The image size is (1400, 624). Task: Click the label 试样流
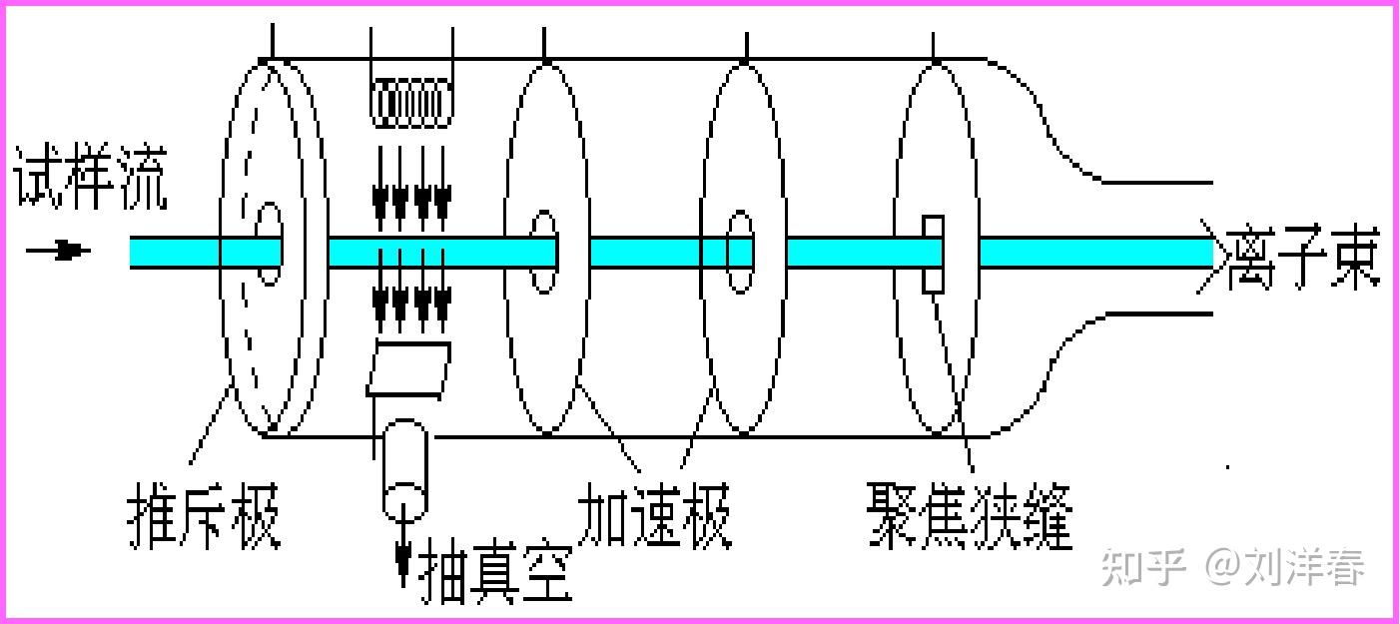(90, 180)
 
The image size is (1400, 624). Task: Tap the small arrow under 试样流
(61, 250)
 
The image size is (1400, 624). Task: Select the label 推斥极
(205, 515)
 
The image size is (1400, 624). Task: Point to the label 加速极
(655, 515)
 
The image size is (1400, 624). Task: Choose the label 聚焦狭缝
(970, 515)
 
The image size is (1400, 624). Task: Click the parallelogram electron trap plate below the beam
(407, 368)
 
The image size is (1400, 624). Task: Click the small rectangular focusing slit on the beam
(933, 254)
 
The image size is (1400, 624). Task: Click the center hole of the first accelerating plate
(542, 251)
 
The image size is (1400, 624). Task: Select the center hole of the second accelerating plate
(740, 252)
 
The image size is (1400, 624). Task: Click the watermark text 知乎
(1143, 567)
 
